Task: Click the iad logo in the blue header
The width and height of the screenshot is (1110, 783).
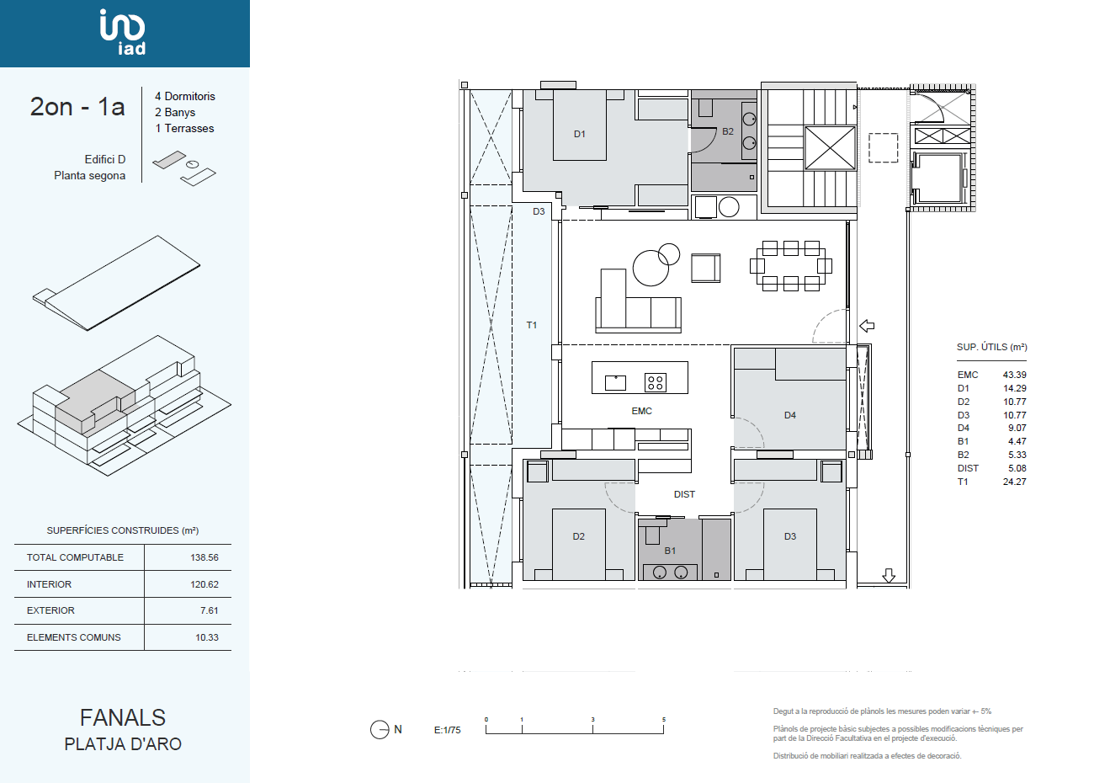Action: pyautogui.click(x=122, y=32)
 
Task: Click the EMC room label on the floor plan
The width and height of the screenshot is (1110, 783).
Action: pyautogui.click(x=641, y=411)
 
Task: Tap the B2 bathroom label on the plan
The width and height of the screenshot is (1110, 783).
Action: pyautogui.click(x=727, y=131)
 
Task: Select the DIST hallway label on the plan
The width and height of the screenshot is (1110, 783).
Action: pyautogui.click(x=684, y=494)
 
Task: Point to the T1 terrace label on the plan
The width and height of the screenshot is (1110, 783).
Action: pyautogui.click(x=531, y=325)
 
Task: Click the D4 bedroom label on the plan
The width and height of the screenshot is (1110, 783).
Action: pyautogui.click(x=790, y=415)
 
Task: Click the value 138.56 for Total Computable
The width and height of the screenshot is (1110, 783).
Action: pyautogui.click(x=204, y=557)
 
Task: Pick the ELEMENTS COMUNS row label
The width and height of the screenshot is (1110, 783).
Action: pyautogui.click(x=74, y=637)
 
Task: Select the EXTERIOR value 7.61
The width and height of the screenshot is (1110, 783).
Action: pyautogui.click(x=209, y=610)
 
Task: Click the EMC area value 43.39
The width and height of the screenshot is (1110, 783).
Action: pyautogui.click(x=1014, y=375)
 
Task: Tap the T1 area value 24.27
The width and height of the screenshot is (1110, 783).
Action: pyautogui.click(x=1014, y=482)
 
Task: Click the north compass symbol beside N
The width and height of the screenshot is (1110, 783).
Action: pyautogui.click(x=380, y=729)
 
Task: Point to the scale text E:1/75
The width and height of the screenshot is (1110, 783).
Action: pyautogui.click(x=447, y=730)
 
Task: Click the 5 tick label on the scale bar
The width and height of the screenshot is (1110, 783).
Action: pyautogui.click(x=663, y=720)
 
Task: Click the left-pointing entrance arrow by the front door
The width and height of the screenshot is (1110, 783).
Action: pyautogui.click(x=867, y=326)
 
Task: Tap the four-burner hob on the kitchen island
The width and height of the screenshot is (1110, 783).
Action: pyautogui.click(x=655, y=382)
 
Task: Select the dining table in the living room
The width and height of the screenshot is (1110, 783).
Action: pyautogui.click(x=791, y=266)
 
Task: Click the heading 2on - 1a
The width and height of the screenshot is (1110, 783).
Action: pyautogui.click(x=77, y=107)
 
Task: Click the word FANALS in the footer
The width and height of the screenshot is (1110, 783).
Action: pyautogui.click(x=123, y=717)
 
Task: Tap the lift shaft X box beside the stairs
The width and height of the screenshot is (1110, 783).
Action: pyautogui.click(x=830, y=148)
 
